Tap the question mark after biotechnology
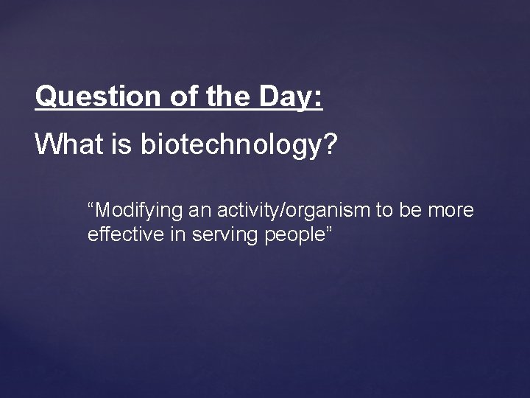330,144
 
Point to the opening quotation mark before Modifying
91,206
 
